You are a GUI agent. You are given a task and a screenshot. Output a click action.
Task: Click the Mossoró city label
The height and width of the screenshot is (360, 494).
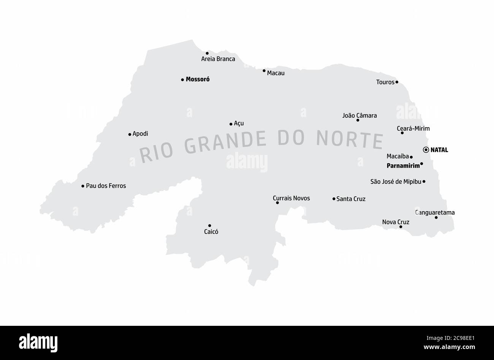click(x=198, y=79)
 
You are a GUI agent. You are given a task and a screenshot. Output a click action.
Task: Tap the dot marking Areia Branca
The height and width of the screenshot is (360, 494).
click(x=207, y=53)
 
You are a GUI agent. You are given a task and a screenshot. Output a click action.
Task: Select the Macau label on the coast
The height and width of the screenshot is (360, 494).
click(x=275, y=73)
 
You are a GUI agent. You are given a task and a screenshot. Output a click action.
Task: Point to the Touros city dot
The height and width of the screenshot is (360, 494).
click(x=397, y=82)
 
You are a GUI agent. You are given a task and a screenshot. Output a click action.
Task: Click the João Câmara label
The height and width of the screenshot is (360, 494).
click(x=359, y=115)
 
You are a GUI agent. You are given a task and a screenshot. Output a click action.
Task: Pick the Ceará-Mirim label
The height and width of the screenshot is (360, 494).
click(x=413, y=128)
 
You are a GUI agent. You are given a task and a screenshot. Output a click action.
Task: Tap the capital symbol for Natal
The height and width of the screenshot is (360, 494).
click(x=426, y=150)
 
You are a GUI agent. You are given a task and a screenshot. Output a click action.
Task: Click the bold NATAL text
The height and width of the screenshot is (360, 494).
click(x=439, y=150)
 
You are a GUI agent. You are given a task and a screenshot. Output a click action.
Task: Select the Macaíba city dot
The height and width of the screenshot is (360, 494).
click(x=411, y=157)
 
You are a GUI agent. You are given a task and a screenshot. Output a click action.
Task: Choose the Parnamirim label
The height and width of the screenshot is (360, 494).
click(x=403, y=166)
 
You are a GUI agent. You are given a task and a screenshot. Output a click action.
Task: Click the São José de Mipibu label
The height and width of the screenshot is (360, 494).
click(x=396, y=182)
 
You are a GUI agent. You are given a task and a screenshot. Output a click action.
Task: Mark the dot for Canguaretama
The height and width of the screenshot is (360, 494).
click(x=436, y=218)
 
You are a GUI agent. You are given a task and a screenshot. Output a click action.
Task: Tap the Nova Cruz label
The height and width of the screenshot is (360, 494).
click(x=396, y=222)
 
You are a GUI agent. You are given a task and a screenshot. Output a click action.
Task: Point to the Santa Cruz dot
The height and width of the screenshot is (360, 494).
click(x=334, y=199)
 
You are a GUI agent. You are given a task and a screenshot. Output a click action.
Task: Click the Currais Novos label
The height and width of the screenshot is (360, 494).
click(x=291, y=198)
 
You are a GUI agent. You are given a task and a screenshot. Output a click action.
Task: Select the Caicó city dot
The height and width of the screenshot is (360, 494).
click(x=209, y=226)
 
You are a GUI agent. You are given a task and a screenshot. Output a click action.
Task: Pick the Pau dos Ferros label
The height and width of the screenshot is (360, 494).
click(x=106, y=186)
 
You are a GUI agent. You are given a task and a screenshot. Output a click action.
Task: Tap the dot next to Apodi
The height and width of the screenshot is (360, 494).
click(x=130, y=134)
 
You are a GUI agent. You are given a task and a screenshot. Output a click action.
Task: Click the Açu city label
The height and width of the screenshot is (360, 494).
click(x=239, y=123)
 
